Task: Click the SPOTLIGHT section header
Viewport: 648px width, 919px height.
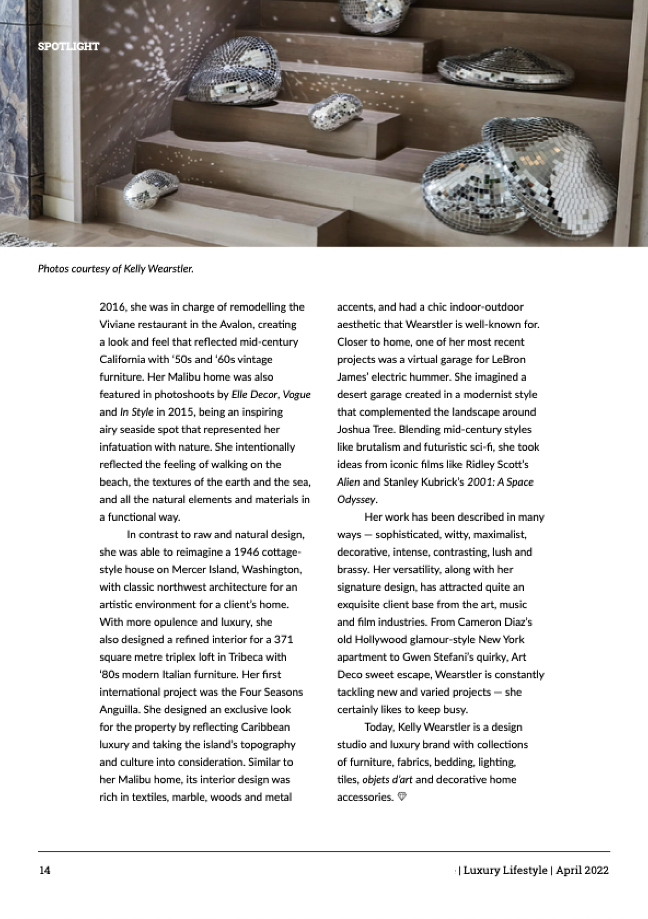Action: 68,46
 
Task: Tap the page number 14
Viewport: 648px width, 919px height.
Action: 44,870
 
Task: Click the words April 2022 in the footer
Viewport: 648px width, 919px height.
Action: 582,870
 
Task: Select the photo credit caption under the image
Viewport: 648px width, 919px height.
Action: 115,269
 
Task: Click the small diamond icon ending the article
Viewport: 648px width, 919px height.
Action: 402,797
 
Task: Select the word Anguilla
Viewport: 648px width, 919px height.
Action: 119,709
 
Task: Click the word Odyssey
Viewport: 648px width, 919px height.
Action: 356,499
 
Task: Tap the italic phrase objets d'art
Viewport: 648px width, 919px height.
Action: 387,780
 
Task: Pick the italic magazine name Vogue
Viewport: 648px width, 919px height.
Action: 297,394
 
